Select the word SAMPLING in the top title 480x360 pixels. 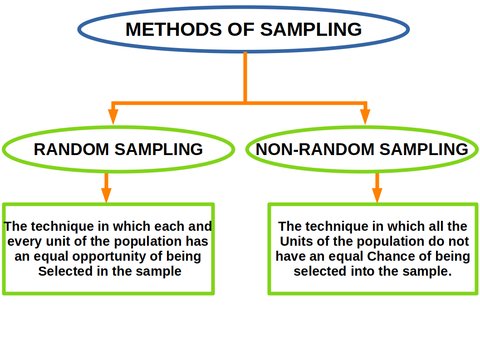[x=311, y=30]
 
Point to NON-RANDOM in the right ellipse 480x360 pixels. [x=315, y=150]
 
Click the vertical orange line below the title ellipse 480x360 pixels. [x=245, y=77]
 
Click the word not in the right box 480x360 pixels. [x=458, y=242]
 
